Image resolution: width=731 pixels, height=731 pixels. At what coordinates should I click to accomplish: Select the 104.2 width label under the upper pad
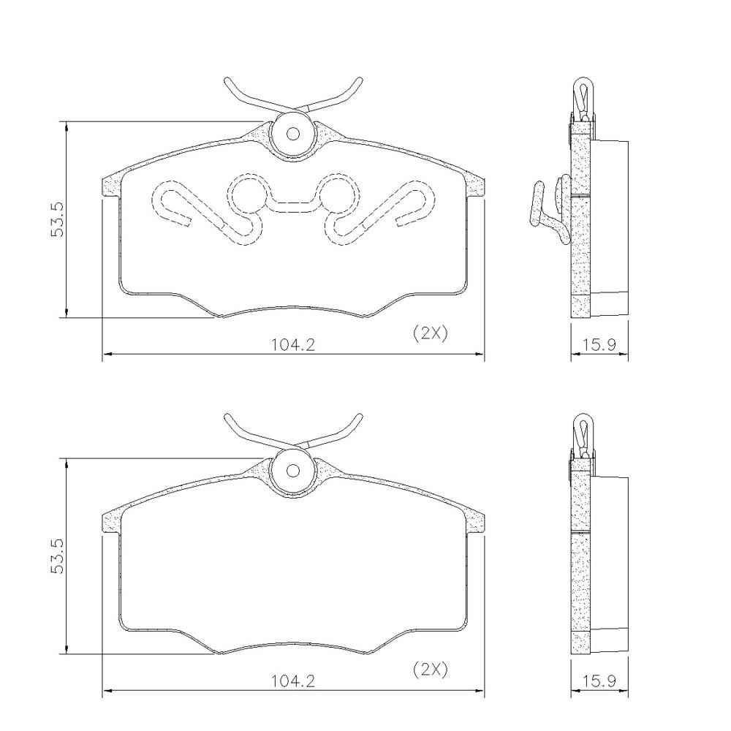pyautogui.click(x=294, y=345)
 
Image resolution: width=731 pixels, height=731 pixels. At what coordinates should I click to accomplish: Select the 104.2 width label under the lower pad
pyautogui.click(x=294, y=681)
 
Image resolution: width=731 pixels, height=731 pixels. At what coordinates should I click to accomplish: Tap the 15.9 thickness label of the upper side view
pyautogui.click(x=599, y=345)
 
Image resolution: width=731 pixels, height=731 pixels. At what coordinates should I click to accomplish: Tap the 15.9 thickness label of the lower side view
pyautogui.click(x=599, y=681)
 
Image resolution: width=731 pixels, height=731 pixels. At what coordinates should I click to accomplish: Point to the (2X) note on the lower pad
pyautogui.click(x=431, y=670)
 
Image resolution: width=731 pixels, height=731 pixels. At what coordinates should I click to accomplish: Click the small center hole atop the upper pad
pyautogui.click(x=293, y=135)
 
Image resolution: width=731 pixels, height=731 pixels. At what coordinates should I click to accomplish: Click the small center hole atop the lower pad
pyautogui.click(x=293, y=470)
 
